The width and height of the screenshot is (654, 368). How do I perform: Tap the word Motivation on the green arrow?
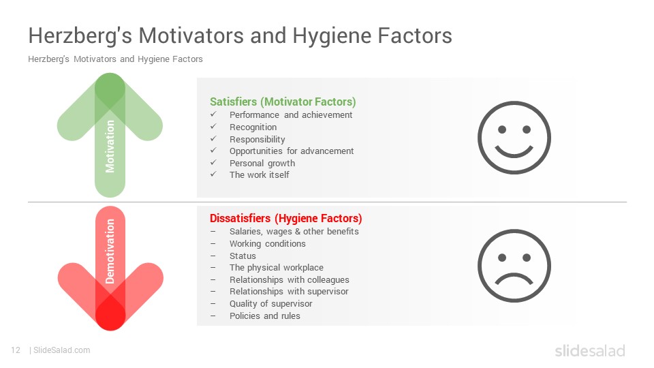point(110,147)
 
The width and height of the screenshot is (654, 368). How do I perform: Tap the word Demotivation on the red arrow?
point(110,251)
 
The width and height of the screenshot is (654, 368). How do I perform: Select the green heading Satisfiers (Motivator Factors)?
point(283,102)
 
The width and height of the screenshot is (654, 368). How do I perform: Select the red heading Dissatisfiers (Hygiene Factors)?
point(285,218)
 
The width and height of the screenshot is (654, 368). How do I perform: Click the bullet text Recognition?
point(253,127)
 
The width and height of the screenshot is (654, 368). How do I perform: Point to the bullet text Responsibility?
point(258,139)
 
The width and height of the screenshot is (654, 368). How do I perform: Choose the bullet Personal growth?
point(262,163)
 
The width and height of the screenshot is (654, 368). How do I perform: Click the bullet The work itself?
point(259,175)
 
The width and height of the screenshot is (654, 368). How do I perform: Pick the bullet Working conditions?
point(267,244)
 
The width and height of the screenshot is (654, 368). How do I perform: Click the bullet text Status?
point(243,256)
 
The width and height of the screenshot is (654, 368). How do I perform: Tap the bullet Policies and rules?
point(265,316)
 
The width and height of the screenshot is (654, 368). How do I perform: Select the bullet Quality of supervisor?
point(270,304)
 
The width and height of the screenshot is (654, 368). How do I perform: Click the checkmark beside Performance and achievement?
point(213,114)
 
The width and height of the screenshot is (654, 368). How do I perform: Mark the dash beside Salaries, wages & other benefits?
point(213,232)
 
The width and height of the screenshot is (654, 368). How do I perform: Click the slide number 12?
point(16,350)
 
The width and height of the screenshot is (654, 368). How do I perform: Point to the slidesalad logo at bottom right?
point(590,350)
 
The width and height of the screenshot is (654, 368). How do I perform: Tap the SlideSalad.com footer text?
point(61,350)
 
